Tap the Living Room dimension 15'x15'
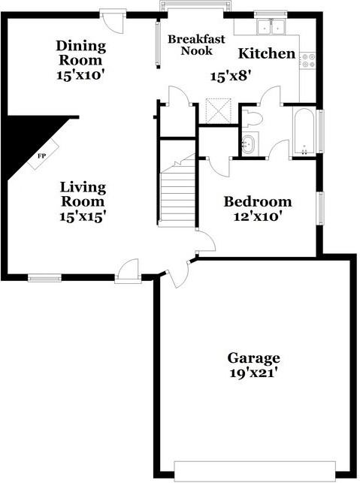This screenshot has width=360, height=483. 83,215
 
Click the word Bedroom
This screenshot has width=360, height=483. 258,202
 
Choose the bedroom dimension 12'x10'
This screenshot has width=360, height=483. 258,216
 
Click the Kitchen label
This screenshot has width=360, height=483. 267,53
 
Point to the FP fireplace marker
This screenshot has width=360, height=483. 41,157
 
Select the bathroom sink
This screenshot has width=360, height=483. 250,144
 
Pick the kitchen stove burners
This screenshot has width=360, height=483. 307,60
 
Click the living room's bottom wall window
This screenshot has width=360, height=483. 45,278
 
